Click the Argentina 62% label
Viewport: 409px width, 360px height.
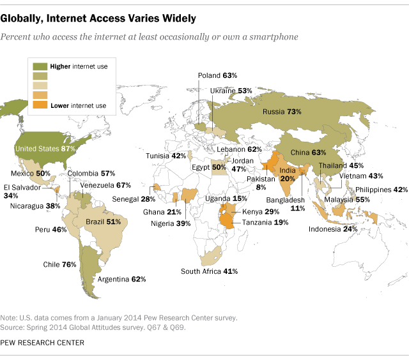coord(121,279)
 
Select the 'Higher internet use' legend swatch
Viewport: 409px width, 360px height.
coord(40,65)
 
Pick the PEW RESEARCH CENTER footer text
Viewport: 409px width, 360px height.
coord(43,343)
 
